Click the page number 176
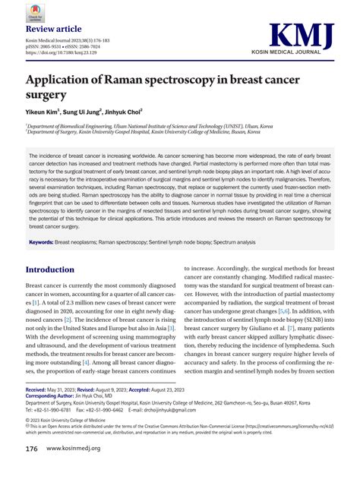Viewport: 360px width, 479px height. pos(32,449)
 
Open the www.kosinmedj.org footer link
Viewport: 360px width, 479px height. pos(82,449)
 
